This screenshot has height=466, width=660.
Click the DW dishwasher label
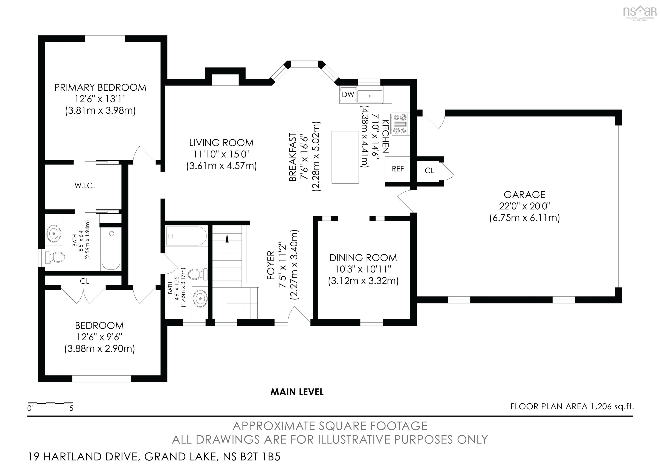coord(348,94)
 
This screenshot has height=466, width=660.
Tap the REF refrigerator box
coord(397,169)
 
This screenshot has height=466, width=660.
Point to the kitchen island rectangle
coord(345,157)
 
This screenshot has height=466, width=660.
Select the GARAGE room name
coord(524,195)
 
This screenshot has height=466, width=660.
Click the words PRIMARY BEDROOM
coord(100,88)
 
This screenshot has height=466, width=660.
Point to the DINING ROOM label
coord(363,258)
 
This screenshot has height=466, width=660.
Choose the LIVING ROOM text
coord(221,143)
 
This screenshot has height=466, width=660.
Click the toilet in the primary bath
coord(55,257)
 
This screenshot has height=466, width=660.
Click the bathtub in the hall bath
coord(186,236)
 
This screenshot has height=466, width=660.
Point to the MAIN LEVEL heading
coord(297,392)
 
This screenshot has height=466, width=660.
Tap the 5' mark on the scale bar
coord(72,408)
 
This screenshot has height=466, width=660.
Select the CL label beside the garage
coord(429,171)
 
